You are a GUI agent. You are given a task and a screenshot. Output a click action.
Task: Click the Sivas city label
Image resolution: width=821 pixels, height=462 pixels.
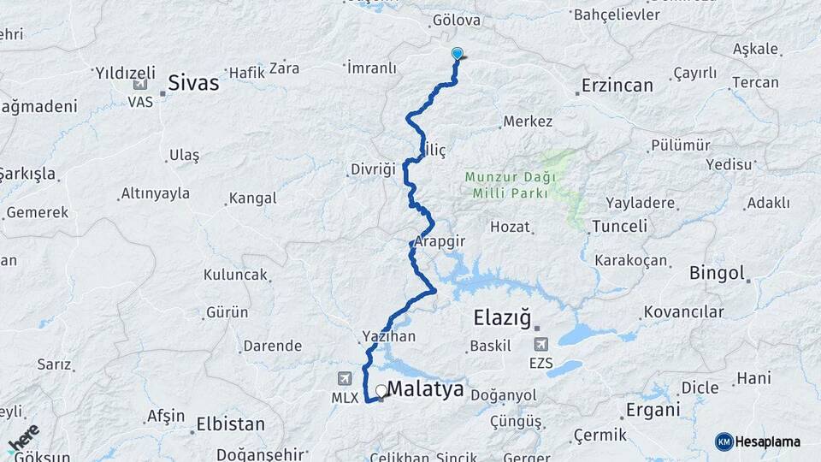point(193,83)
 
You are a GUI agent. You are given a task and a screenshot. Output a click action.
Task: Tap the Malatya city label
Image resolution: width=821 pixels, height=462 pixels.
point(425,389)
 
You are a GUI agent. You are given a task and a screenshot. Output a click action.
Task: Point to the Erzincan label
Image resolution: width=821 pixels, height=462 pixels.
point(617,85)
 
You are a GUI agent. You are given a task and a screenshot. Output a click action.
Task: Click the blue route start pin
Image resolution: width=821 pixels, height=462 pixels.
point(457,54)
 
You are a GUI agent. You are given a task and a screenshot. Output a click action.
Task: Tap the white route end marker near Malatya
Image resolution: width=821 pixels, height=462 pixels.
point(381,390)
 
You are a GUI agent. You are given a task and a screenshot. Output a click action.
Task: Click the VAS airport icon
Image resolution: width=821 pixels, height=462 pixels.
point(139,84)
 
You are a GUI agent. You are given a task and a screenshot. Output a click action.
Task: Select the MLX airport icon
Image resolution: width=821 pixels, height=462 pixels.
point(345,378)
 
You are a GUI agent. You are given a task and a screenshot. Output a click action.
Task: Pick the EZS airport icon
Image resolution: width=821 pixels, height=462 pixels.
point(540,344)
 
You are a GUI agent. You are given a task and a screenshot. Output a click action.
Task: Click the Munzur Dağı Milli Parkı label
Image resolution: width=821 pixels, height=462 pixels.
point(511,185)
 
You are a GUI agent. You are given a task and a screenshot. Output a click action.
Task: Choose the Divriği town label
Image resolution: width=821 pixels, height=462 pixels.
point(373,169)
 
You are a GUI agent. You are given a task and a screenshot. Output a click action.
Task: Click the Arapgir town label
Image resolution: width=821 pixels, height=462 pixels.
point(440,241)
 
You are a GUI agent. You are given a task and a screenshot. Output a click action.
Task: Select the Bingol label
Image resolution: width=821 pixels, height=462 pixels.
point(717,274)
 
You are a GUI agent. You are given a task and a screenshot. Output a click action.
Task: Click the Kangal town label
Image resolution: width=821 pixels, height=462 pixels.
point(252,198)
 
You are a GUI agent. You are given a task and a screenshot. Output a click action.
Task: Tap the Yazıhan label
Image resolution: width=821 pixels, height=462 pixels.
point(389,336)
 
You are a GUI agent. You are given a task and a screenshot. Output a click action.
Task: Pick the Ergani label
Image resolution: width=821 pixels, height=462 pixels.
point(653,410)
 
